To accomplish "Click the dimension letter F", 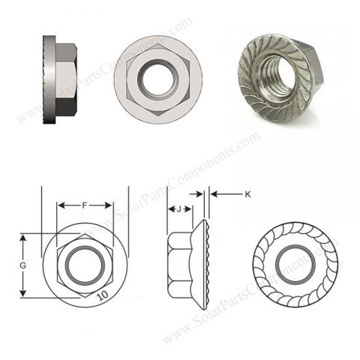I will tap(85, 203).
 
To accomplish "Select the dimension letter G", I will tap(23, 265).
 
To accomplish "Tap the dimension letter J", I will tap(178, 209).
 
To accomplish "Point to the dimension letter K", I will tap(247, 194).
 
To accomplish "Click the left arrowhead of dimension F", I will tap(62, 203).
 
